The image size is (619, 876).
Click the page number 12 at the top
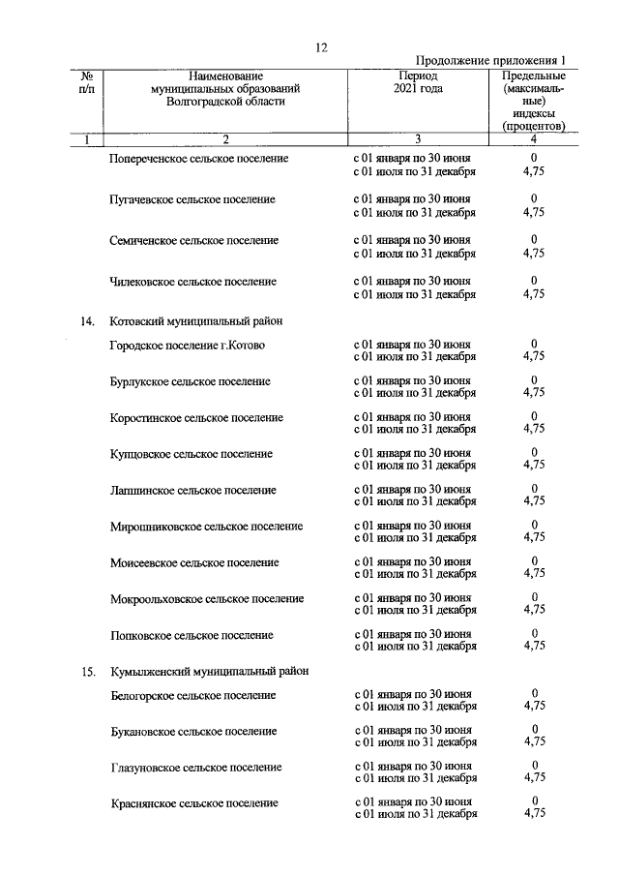tap(323, 47)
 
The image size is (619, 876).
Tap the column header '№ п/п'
tap(86, 82)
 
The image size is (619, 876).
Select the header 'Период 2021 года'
tap(417, 82)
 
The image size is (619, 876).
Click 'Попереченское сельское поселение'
tap(199, 158)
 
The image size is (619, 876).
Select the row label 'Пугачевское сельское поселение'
tap(192, 199)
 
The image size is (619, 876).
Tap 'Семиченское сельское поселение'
tap(193, 240)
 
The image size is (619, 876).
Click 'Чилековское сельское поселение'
tap(192, 282)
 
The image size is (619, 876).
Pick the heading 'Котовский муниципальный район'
tap(196, 320)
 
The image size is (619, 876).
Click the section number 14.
tap(87, 320)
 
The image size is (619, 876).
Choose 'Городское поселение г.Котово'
tap(187, 346)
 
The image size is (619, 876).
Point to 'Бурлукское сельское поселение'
tap(190, 381)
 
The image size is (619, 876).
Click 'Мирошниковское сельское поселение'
tap(206, 527)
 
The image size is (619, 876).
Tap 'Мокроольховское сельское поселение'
tap(207, 599)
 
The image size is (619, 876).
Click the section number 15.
tap(87, 671)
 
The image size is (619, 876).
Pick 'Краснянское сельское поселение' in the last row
tap(194, 803)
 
